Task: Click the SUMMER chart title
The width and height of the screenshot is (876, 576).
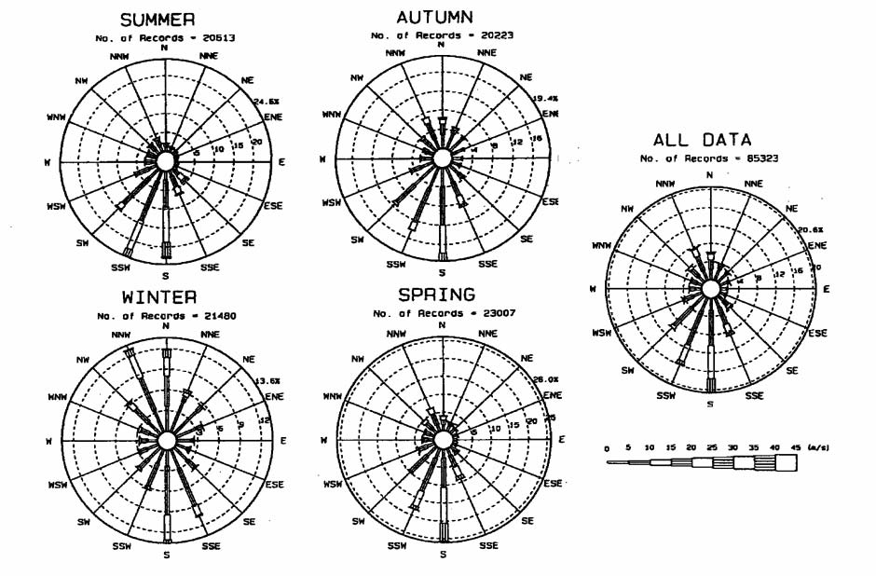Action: click(165, 20)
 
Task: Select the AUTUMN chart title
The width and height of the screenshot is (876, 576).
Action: click(435, 17)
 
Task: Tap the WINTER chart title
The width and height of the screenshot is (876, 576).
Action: click(159, 297)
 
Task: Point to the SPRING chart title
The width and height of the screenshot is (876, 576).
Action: click(437, 295)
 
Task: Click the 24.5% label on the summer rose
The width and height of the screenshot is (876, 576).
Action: click(267, 102)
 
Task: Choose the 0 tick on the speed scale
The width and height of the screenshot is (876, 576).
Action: click(607, 449)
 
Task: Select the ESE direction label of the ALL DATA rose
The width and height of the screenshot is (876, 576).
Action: click(817, 333)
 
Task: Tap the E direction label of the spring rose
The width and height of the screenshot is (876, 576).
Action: click(561, 439)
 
